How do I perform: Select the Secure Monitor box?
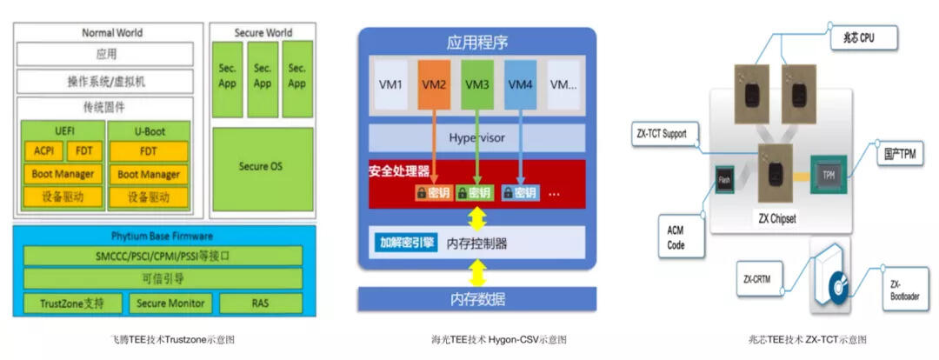171,303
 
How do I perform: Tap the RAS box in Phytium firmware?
260,303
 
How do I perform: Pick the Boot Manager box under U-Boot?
148,174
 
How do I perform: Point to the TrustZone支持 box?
72,303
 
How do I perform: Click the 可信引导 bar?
163,279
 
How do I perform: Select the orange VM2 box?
435,84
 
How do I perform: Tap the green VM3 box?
477,84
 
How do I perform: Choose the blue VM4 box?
520,84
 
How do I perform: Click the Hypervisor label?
477,137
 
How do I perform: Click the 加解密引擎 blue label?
406,243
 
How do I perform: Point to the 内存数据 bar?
477,300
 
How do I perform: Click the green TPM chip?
828,174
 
